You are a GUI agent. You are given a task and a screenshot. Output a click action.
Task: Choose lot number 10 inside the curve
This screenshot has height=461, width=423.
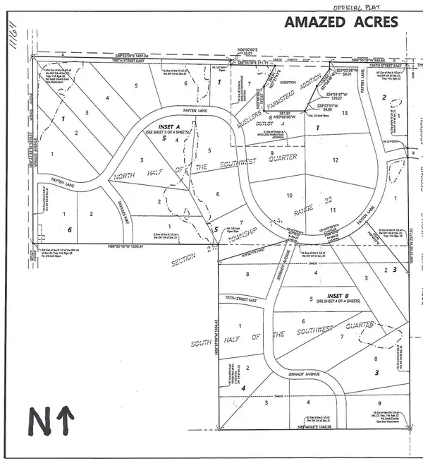click(x=289, y=195)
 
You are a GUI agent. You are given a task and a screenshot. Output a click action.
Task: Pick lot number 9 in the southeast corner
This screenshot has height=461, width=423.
click(x=379, y=403)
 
